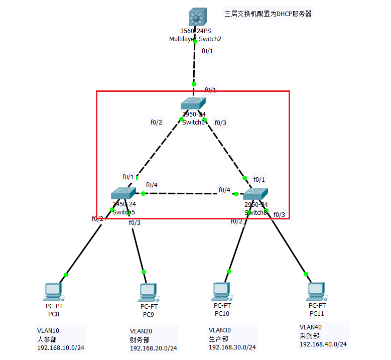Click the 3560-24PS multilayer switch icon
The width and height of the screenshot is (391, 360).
coord(195,18)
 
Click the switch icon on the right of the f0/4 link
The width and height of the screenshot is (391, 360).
coord(255,194)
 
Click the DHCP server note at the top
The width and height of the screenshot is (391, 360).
coord(268,14)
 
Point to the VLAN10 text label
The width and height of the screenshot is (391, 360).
coord(48,331)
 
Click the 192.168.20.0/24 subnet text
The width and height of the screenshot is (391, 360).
coord(153,348)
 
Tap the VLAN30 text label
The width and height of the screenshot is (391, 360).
coord(220,330)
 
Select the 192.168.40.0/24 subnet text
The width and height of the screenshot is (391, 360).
coord(323,344)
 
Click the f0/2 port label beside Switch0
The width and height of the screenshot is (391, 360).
coord(157,122)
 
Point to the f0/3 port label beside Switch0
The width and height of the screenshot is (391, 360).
coord(220,123)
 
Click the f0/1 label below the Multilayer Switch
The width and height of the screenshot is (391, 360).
coord(207,51)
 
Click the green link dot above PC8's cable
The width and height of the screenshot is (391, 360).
coord(66,275)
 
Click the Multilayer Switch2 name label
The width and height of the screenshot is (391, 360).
coord(195,39)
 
